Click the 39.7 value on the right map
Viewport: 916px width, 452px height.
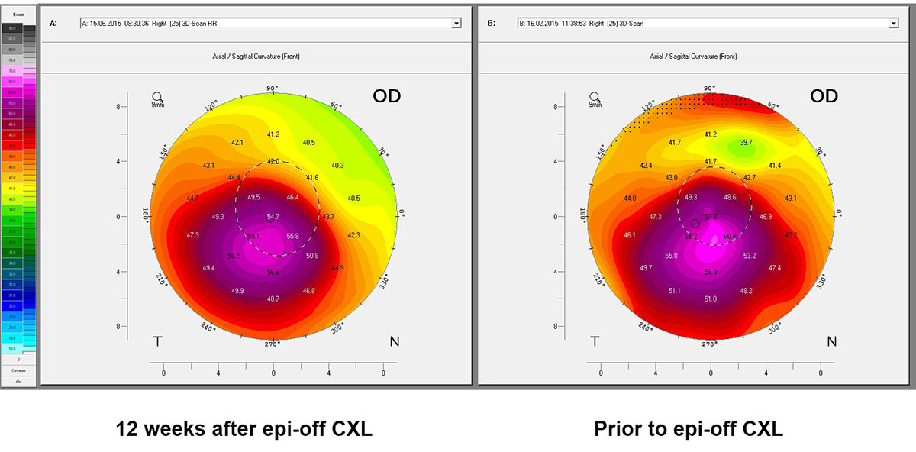[x=746, y=143]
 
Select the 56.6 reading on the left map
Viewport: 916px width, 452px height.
[x=273, y=272]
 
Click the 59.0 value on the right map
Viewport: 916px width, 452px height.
[x=711, y=272]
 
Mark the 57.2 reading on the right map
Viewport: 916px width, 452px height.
[x=711, y=218]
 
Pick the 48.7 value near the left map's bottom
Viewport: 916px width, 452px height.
[x=273, y=299]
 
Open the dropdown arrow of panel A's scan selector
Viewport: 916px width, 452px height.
[x=456, y=24]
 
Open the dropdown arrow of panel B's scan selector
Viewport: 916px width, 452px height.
[x=894, y=24]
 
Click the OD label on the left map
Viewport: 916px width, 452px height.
[x=386, y=96]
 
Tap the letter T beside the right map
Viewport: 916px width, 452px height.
[x=595, y=341]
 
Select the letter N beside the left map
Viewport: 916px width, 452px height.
[x=394, y=341]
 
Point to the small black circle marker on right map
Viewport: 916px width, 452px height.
[x=695, y=223]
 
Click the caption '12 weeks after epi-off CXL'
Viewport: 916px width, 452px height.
[x=244, y=429]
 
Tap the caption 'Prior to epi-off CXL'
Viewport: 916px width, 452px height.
[x=689, y=429]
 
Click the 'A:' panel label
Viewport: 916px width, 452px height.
[x=53, y=24]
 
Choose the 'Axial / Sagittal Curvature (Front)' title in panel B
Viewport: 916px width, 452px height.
[x=693, y=56]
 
